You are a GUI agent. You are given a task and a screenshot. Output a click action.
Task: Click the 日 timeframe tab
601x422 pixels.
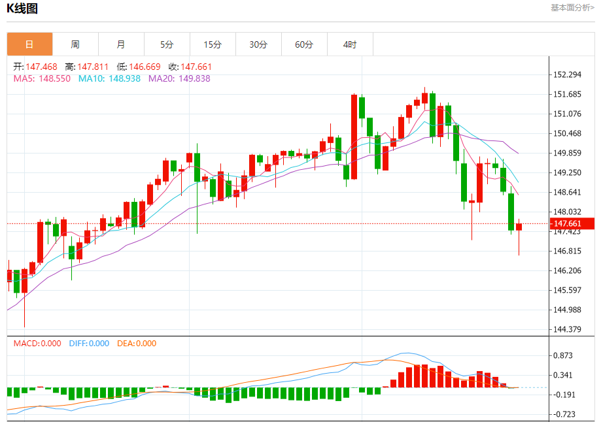coord(29,44)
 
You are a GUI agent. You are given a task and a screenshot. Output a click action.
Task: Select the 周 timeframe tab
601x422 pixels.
coord(75,44)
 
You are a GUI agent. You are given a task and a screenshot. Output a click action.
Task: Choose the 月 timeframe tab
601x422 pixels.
coord(121,44)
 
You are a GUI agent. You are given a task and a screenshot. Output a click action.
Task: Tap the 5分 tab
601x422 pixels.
coord(167,44)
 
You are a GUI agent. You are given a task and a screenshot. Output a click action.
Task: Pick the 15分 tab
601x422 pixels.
coord(213,44)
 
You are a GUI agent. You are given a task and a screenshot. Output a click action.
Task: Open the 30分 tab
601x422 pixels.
coord(258,44)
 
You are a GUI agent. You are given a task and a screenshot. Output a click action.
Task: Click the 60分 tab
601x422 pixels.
coord(304,44)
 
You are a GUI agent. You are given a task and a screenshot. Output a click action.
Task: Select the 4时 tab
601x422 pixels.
coord(350,44)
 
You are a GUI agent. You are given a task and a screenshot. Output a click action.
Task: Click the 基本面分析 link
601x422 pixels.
coord(572,8)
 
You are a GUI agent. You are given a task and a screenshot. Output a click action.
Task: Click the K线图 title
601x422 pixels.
coord(23,8)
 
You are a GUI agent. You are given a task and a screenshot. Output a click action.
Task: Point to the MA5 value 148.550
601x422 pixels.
coord(42,78)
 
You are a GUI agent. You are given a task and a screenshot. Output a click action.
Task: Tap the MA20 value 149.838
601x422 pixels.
coord(179,78)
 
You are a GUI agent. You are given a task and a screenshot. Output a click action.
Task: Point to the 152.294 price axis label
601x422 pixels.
coord(567,74)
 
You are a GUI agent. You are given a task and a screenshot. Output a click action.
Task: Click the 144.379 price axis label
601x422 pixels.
coord(567,329)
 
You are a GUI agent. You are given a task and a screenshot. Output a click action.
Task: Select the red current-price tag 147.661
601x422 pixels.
coord(572,224)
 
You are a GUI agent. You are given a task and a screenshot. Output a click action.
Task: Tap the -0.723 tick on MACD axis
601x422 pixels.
coord(564,414)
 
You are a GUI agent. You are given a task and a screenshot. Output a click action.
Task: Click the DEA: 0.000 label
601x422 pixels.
coord(137,344)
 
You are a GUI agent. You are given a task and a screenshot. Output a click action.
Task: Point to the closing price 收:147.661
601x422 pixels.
coord(190,67)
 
